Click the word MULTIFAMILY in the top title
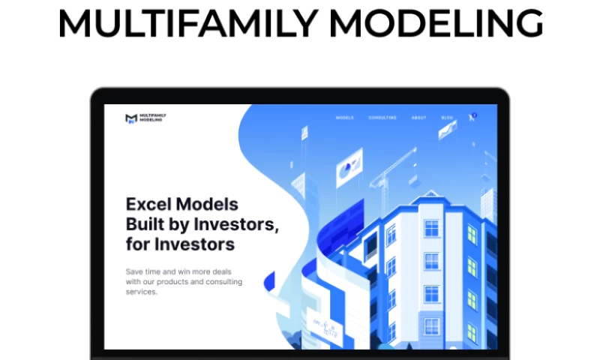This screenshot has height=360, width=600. pos(187,25)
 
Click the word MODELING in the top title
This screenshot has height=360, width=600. pos(436,25)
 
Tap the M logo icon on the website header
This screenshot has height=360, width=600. pos(131,118)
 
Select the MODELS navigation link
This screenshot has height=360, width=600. pos(344,118)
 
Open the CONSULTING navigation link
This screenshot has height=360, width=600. pos(382,118)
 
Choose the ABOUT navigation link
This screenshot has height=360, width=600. pos(418,118)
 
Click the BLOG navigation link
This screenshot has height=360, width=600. pos(447,118)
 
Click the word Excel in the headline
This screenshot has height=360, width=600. pos(149,204)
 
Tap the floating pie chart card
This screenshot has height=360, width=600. pos(349,169)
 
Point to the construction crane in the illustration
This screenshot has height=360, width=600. pos(394,169)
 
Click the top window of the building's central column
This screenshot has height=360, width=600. pos(431,227)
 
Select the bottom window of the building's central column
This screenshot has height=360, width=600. pos(431,326)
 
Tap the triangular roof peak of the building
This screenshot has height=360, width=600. pos(430,196)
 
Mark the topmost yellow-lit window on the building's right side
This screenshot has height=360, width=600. pos(472,234)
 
